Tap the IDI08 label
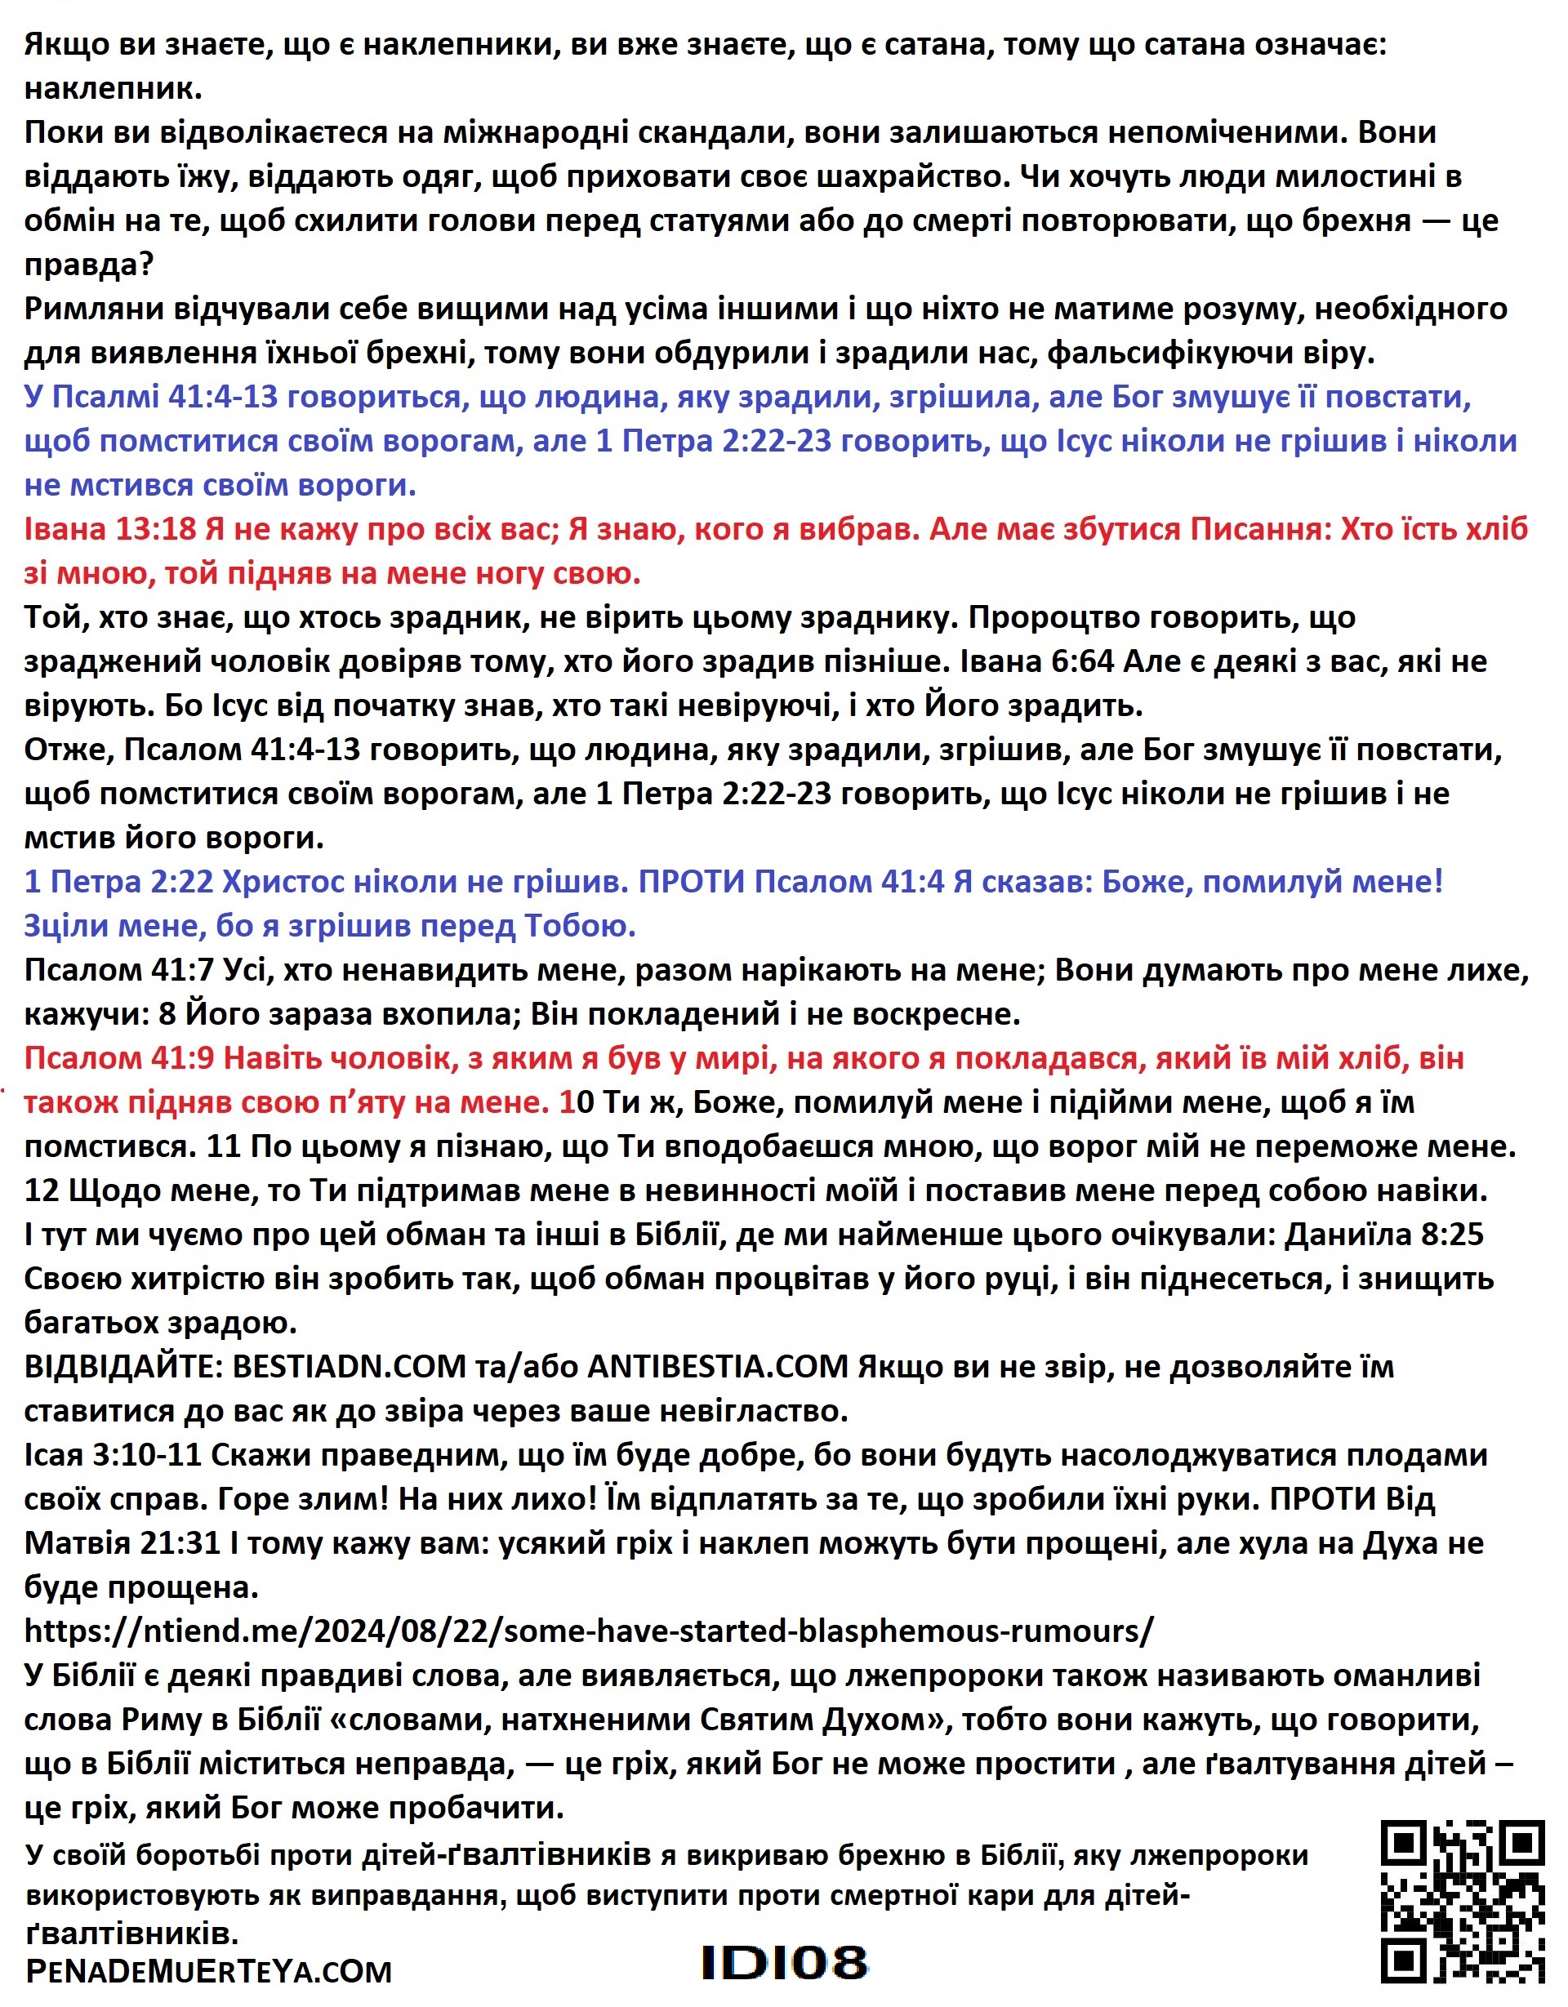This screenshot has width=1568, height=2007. pyautogui.click(x=783, y=1963)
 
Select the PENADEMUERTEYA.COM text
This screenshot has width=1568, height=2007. pyautogui.click(x=208, y=1971)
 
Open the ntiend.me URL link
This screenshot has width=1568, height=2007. pyautogui.click(x=588, y=1631)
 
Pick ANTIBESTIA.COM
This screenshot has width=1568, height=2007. pyautogui.click(x=717, y=1367)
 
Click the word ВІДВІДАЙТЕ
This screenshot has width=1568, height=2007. pyautogui.click(x=122, y=1367)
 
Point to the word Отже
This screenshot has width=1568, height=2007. pyautogui.click(x=67, y=749)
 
